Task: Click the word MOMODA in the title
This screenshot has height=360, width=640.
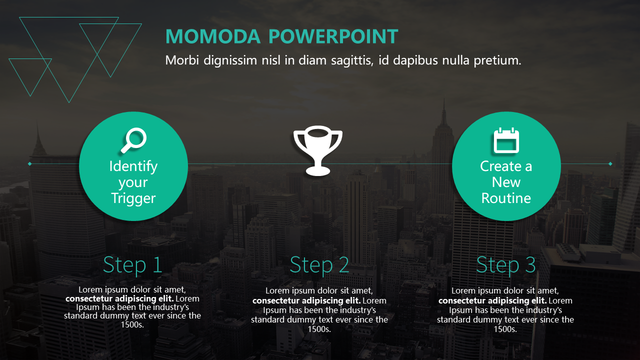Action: click(213, 36)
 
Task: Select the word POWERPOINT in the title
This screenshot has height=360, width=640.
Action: click(333, 36)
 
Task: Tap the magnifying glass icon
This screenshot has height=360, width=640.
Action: click(133, 140)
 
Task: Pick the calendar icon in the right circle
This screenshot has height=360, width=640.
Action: click(506, 140)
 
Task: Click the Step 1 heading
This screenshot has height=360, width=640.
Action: click(132, 265)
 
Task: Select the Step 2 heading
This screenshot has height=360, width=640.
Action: click(319, 265)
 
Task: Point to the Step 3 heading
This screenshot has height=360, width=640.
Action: click(505, 265)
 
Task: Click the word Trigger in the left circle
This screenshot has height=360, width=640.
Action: click(133, 198)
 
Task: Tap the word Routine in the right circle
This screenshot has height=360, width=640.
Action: click(506, 198)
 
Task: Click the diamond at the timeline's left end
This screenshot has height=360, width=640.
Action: click(29, 163)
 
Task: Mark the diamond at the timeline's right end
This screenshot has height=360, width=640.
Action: click(610, 163)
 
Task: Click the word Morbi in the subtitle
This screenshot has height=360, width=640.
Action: click(182, 60)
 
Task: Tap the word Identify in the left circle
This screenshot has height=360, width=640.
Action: click(133, 166)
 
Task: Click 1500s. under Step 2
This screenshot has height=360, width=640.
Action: click(319, 329)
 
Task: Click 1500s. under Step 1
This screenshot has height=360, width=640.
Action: click(132, 324)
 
